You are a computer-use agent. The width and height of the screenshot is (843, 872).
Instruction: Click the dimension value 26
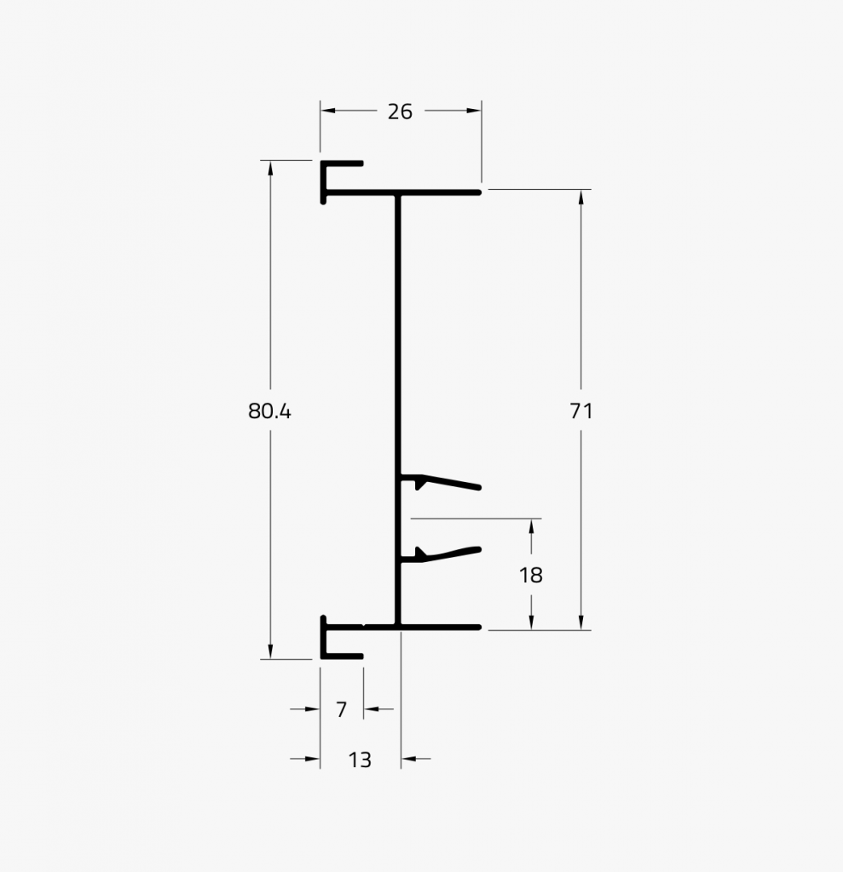point(400,112)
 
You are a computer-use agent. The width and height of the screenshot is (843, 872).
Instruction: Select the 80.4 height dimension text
point(269,411)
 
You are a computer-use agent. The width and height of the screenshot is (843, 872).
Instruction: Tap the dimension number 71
point(581,411)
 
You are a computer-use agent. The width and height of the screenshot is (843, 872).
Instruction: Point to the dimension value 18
point(531,576)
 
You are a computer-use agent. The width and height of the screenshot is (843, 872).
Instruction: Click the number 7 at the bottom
point(342,709)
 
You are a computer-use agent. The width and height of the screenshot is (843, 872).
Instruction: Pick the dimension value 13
point(361,760)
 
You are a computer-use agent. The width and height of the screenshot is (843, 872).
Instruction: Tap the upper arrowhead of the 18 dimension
point(531,526)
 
